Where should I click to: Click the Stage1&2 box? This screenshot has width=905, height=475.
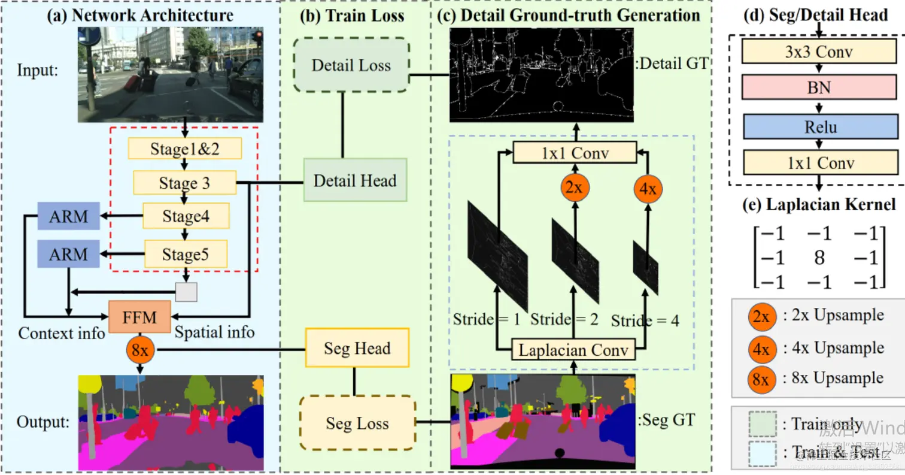(x=184, y=149)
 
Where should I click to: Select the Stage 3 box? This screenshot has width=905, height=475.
(x=184, y=183)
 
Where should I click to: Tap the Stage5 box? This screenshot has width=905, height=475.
(x=186, y=255)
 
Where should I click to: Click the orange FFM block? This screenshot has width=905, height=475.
(x=140, y=317)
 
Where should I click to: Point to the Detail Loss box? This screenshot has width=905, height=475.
(x=351, y=66)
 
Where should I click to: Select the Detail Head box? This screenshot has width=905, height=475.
(x=355, y=179)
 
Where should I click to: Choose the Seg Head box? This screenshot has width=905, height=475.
(x=357, y=347)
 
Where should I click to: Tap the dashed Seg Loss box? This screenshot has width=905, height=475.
(x=357, y=423)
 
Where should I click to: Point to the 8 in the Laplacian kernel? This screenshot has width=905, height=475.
(x=820, y=258)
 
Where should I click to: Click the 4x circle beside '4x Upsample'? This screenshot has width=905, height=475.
(x=761, y=348)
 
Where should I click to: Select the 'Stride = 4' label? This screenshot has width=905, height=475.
(x=645, y=320)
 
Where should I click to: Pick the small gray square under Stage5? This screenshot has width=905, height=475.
(x=186, y=292)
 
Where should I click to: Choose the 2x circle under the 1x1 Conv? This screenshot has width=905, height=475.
(x=574, y=187)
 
